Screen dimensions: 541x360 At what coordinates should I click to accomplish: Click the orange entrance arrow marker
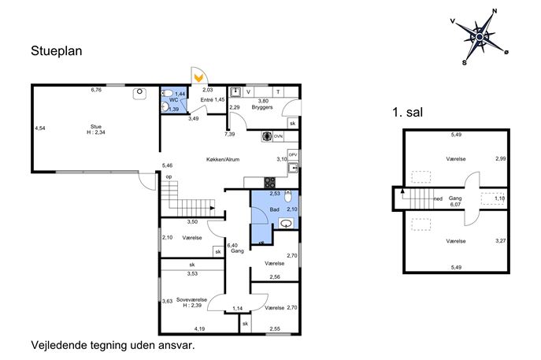(x=198, y=78)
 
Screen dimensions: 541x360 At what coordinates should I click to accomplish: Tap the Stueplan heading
(x=57, y=51)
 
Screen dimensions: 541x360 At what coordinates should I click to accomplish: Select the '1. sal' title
(x=407, y=112)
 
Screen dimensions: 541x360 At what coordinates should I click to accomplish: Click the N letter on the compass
(x=495, y=11)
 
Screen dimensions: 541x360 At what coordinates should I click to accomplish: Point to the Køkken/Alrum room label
(x=223, y=159)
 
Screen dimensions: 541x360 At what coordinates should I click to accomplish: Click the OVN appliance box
(x=278, y=136)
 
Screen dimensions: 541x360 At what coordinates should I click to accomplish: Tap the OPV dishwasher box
(x=293, y=155)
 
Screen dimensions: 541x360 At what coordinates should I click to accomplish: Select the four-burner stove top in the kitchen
(x=270, y=183)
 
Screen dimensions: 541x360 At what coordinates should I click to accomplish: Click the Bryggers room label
(x=262, y=107)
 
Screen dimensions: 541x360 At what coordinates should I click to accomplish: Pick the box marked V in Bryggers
(x=248, y=92)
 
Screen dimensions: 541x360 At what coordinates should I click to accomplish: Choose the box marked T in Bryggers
(x=278, y=92)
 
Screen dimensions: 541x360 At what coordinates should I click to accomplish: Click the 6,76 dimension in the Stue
(x=96, y=90)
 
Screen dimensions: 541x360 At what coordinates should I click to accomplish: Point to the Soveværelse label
(x=191, y=299)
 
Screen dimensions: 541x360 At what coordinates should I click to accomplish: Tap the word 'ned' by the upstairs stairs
(x=438, y=199)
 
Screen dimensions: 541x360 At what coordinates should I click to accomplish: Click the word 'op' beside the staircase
(x=169, y=176)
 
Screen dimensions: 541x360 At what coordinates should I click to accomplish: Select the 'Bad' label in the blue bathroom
(x=275, y=210)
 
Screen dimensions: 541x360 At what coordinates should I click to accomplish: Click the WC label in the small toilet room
(x=174, y=100)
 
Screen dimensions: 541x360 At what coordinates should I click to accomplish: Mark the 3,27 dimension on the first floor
(x=501, y=240)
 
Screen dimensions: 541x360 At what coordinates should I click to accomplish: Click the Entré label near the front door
(x=207, y=100)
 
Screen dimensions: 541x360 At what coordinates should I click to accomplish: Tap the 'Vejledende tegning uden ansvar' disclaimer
(x=113, y=345)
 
